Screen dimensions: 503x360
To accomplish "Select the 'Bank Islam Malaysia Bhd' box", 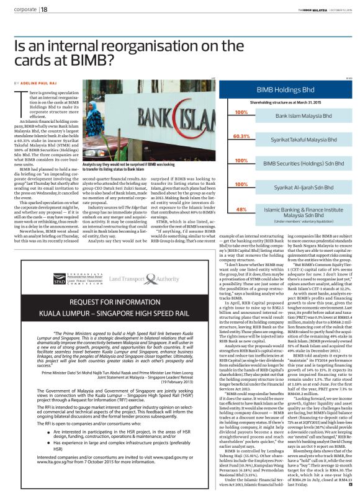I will pos(293,115).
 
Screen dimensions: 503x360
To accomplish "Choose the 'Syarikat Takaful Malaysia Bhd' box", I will pos(293,140).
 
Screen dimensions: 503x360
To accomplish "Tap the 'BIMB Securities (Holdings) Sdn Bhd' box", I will pos(293,163).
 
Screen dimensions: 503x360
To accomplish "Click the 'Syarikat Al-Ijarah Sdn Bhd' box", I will pos(293,187).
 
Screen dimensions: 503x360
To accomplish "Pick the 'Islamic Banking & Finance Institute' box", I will pos(293,211).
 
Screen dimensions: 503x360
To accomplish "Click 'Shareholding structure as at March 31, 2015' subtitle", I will pos(283,100).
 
